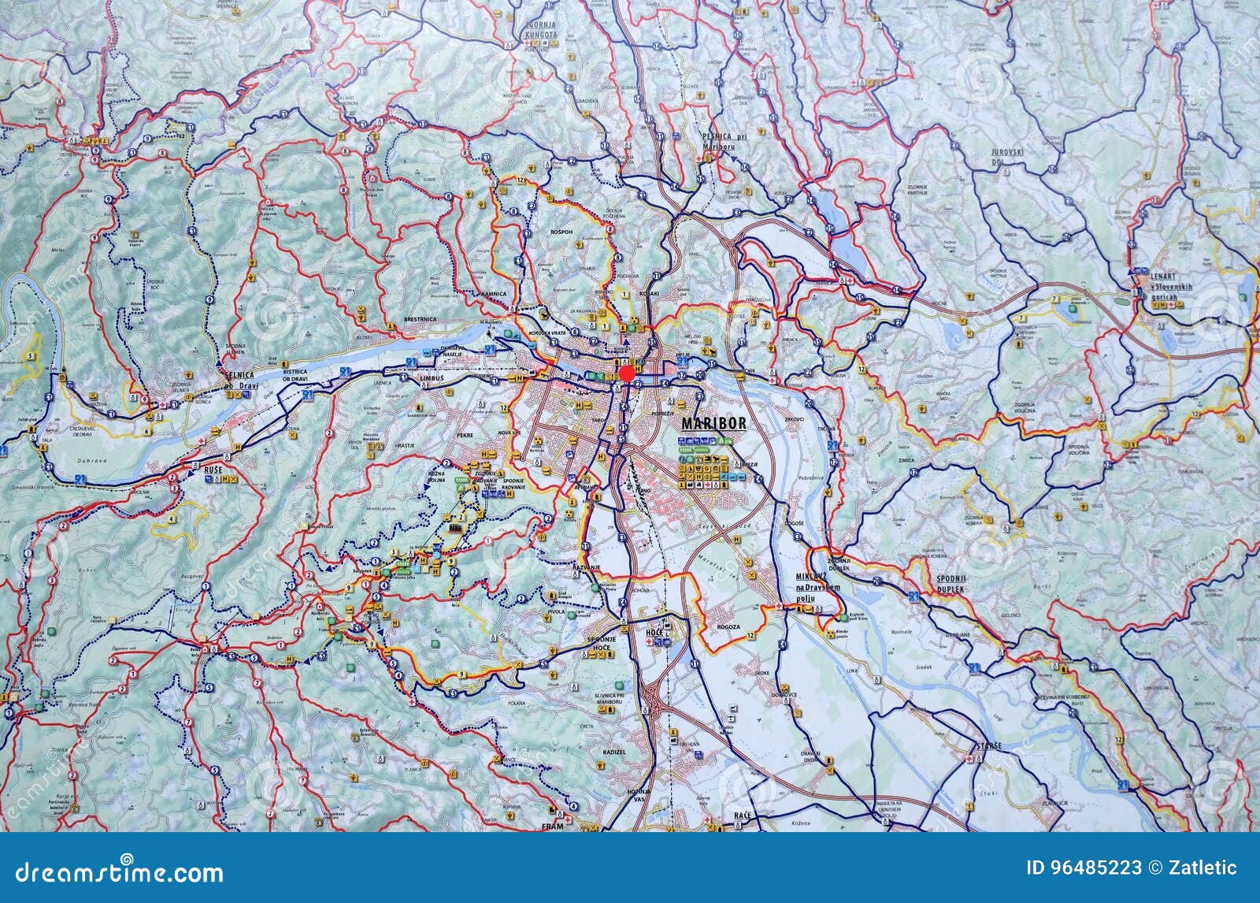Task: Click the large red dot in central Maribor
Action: pyautogui.click(x=627, y=373)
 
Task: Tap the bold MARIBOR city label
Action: pyautogui.click(x=713, y=423)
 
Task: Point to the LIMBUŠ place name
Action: pyautogui.click(x=432, y=378)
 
